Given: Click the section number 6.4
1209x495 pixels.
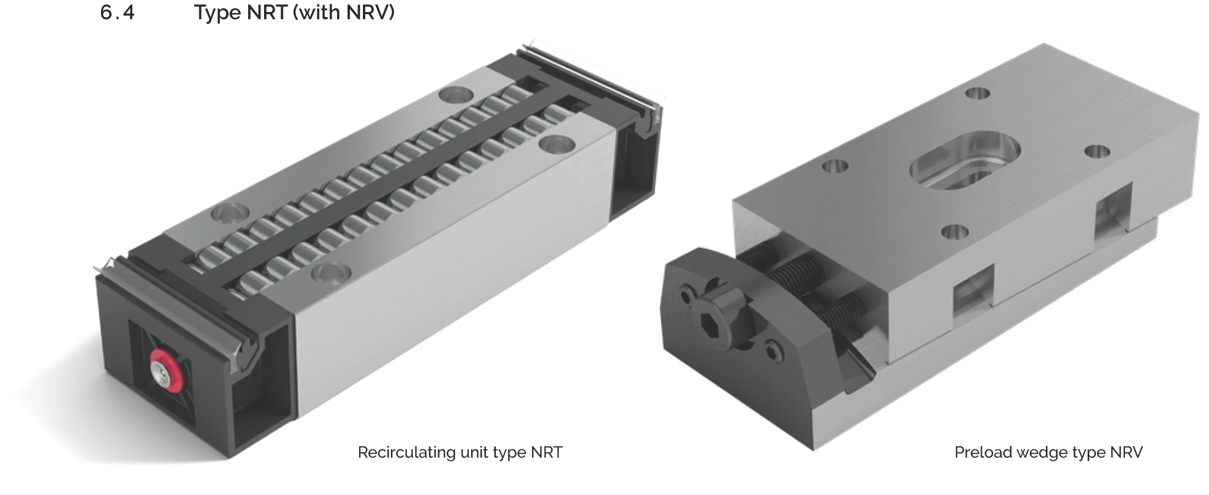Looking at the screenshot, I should click(117, 13).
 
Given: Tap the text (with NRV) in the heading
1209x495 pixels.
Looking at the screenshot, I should click(344, 13).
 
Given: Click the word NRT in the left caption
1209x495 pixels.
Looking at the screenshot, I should click(546, 452).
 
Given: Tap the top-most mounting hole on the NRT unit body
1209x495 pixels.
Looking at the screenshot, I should click(455, 94).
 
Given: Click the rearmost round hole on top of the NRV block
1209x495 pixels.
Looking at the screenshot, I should click(977, 93).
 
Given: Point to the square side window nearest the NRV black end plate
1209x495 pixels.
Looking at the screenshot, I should click(973, 291).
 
